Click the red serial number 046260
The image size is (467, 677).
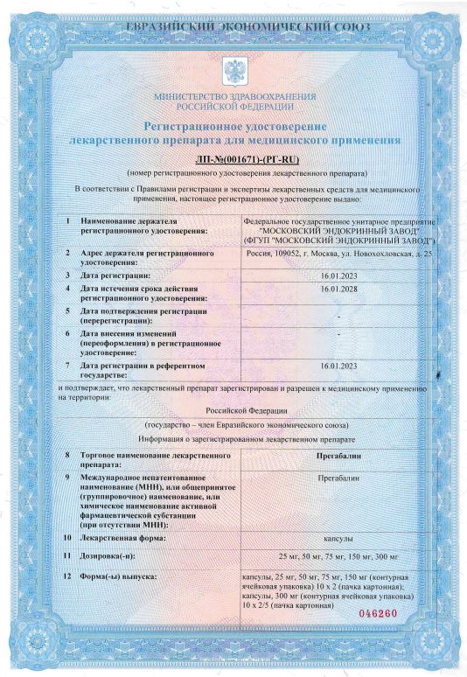coord(378,613)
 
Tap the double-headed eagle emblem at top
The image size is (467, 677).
coord(233,69)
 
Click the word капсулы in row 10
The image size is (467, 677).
coord(336,539)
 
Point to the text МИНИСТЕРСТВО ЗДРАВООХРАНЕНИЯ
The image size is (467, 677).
coord(233,95)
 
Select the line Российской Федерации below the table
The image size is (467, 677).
coord(233,409)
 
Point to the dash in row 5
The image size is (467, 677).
coord(336,311)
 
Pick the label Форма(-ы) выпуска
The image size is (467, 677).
coord(118,577)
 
